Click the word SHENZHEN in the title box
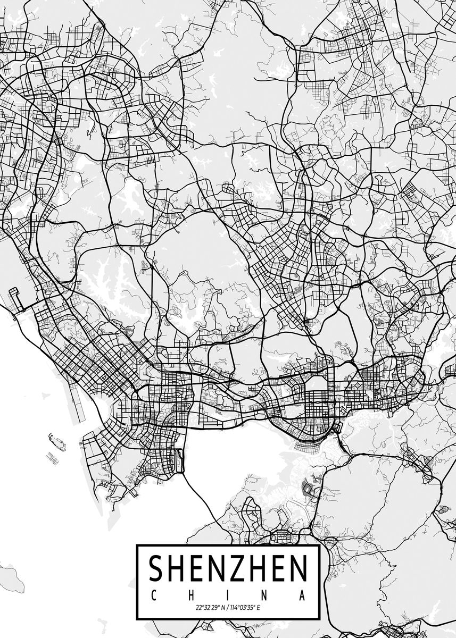(228, 568)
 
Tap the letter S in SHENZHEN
(156, 568)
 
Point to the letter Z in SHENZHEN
(238, 568)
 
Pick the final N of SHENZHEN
(299, 568)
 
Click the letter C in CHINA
(152, 595)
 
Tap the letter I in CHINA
(228, 595)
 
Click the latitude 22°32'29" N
(209, 607)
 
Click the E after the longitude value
(259, 607)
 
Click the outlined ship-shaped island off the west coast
(57, 441)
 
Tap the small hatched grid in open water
(52, 457)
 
